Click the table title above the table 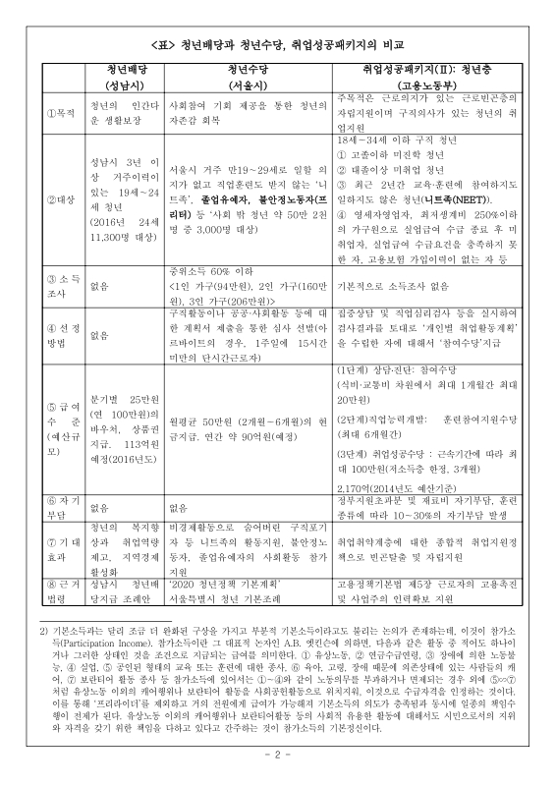(279, 45)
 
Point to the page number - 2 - (279, 754)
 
